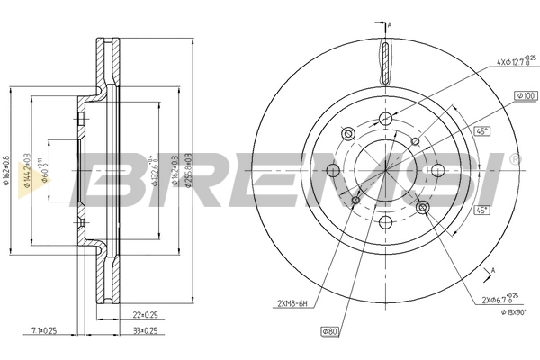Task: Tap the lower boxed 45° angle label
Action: pos(482,211)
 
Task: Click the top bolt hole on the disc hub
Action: pos(386,120)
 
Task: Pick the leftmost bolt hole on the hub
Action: pos(333,171)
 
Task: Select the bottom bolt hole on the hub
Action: pos(386,221)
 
